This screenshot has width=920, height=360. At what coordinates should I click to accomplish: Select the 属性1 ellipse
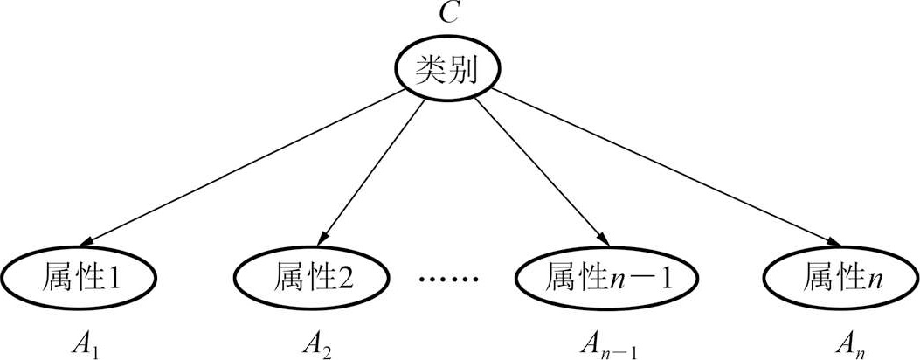tap(79, 278)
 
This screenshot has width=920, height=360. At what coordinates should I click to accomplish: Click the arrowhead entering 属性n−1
tap(601, 241)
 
